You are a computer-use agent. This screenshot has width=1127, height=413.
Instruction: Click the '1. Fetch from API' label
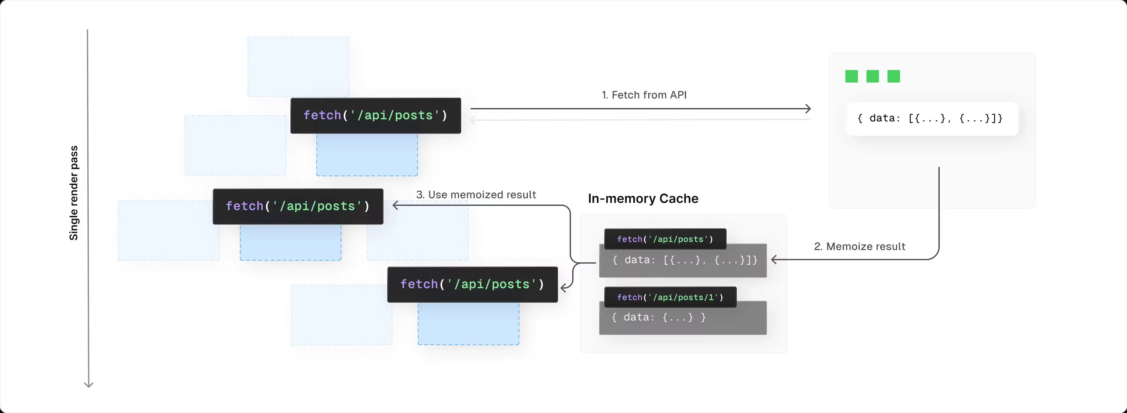(x=644, y=95)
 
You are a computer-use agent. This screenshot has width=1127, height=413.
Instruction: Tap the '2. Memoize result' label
(x=859, y=246)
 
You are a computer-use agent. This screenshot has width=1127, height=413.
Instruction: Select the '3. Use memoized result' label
(x=476, y=194)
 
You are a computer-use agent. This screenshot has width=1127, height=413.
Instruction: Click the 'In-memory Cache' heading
(x=643, y=198)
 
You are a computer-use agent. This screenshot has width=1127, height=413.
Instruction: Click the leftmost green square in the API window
(x=851, y=77)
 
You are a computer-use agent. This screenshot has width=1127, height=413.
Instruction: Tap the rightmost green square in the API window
(x=893, y=77)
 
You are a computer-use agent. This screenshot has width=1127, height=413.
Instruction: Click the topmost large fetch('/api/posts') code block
(x=375, y=115)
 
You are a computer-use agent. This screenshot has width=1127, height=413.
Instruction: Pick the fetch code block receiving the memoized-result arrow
(x=298, y=206)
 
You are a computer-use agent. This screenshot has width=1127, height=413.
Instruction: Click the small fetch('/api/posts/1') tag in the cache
(x=670, y=297)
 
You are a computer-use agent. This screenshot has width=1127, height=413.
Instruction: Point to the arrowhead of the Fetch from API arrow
(x=809, y=109)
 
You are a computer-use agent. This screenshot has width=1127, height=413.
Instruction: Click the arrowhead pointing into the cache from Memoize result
(x=774, y=260)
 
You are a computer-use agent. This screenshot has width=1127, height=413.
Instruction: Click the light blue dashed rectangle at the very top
(x=298, y=66)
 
